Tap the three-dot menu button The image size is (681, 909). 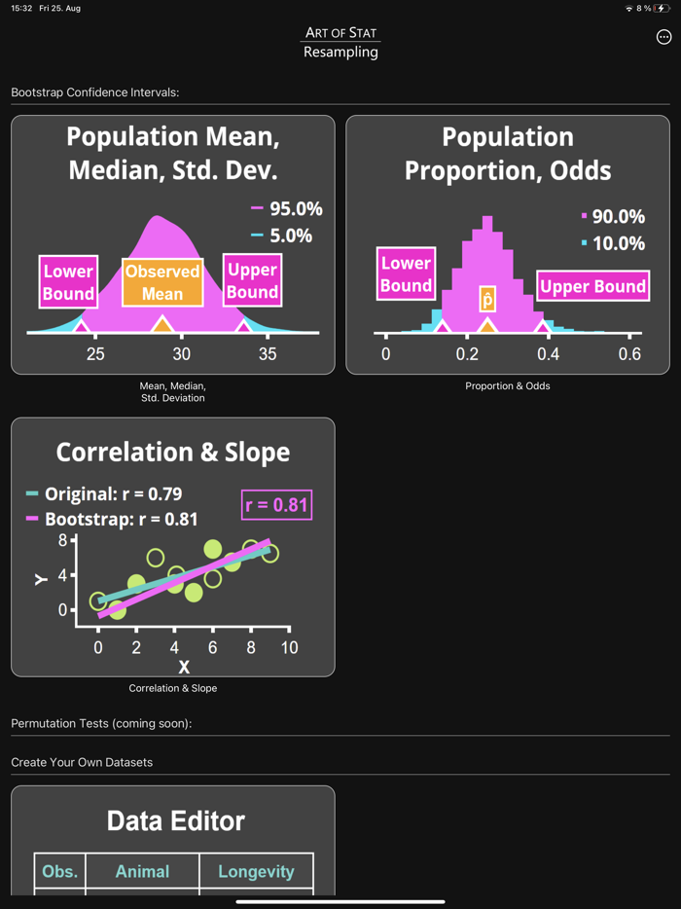click(x=663, y=37)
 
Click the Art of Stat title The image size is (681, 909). click(x=340, y=33)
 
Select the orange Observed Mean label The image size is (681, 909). click(x=162, y=282)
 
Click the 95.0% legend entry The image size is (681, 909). click(x=287, y=208)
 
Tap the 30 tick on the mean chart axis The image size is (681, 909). click(x=181, y=354)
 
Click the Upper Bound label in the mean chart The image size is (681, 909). click(x=252, y=280)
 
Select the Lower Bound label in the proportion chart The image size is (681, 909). click(x=406, y=273)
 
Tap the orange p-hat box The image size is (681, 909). click(x=487, y=299)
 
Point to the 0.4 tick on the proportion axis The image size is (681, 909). click(x=548, y=354)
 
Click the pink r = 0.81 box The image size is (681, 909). click(x=277, y=505)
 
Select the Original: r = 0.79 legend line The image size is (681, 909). click(x=104, y=493)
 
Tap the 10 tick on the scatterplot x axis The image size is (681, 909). click(x=288, y=647)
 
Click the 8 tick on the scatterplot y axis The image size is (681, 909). click(x=62, y=539)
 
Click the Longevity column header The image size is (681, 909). click(x=256, y=871)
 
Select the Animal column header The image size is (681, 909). click(x=142, y=871)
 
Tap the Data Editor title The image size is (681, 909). click(x=175, y=820)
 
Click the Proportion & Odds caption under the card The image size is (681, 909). click(x=507, y=386)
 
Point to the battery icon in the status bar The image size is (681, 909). click(x=663, y=8)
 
